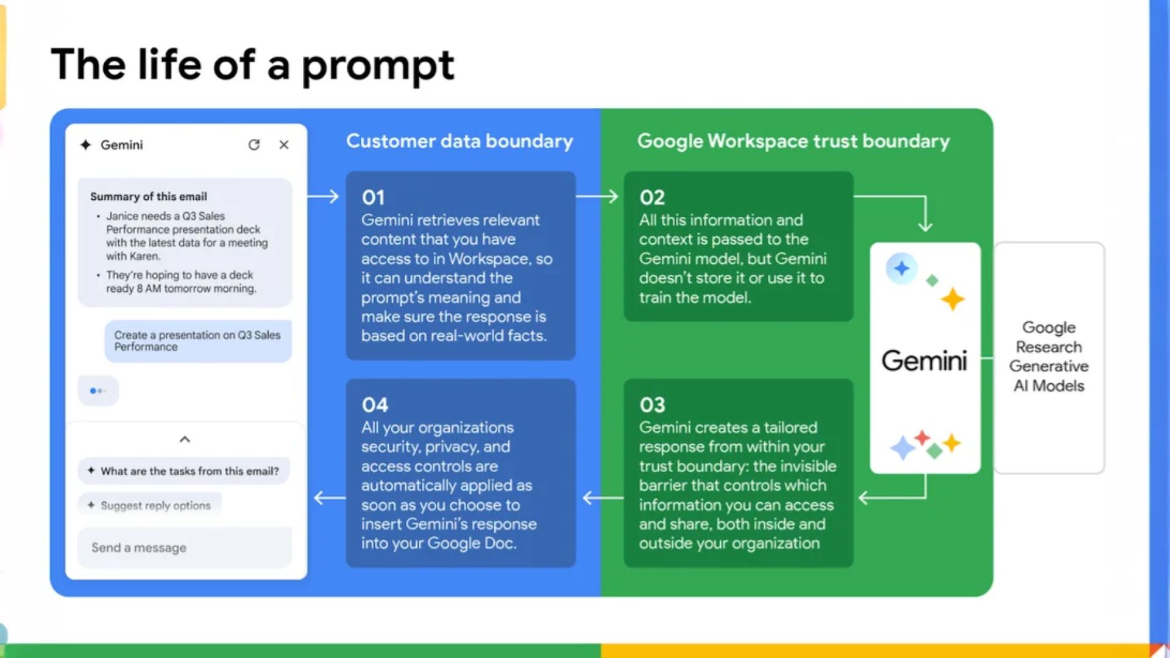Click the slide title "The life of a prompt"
pyautogui.click(x=253, y=65)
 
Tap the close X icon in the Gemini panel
pyautogui.click(x=284, y=145)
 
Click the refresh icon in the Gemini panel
pyautogui.click(x=254, y=145)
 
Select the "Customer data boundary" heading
pyautogui.click(x=459, y=141)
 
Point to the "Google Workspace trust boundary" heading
pyautogui.click(x=793, y=141)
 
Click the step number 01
pyautogui.click(x=373, y=197)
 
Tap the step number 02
pyautogui.click(x=652, y=197)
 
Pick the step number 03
pyautogui.click(x=652, y=405)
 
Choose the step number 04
pyautogui.click(x=375, y=405)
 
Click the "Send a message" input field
pyautogui.click(x=185, y=548)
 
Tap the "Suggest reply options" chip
pyautogui.click(x=149, y=505)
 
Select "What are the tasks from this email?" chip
pyautogui.click(x=183, y=471)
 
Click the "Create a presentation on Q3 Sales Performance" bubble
pyautogui.click(x=198, y=341)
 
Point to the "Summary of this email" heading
pyautogui.click(x=149, y=197)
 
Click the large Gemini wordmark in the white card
pyautogui.click(x=924, y=361)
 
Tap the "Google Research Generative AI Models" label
pyautogui.click(x=1049, y=356)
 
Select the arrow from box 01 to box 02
pyautogui.click(x=597, y=196)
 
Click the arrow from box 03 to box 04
pyautogui.click(x=603, y=498)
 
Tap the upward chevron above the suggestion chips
pyautogui.click(x=185, y=439)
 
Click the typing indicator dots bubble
pyautogui.click(x=98, y=391)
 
